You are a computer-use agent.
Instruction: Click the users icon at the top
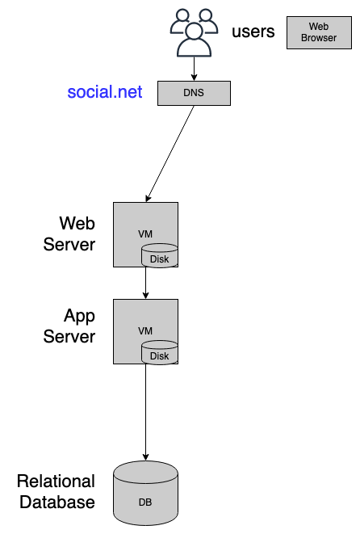[194, 32]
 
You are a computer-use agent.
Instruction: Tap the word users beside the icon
[253, 32]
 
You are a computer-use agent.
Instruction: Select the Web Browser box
[319, 32]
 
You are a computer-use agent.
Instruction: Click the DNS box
[194, 93]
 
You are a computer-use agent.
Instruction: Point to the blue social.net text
[105, 91]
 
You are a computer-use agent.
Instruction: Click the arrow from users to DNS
[194, 69]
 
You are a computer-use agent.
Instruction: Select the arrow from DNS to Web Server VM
[170, 154]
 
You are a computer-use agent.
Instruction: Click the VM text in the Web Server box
[145, 234]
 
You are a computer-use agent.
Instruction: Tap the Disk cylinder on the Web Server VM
[160, 255]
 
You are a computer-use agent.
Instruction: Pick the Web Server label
[69, 233]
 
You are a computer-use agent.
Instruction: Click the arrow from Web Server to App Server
[145, 283]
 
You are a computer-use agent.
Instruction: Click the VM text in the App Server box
[145, 330]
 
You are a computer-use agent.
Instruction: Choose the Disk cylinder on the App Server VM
[160, 352]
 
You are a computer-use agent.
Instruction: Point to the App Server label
[69, 326]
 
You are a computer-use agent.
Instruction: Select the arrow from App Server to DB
[145, 413]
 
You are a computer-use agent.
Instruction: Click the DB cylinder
[145, 493]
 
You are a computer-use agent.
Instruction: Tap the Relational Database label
[57, 491]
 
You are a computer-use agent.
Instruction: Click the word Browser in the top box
[319, 37]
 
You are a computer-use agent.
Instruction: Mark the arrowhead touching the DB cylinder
[145, 457]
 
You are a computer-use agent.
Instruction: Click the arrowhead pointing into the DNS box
[194, 78]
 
